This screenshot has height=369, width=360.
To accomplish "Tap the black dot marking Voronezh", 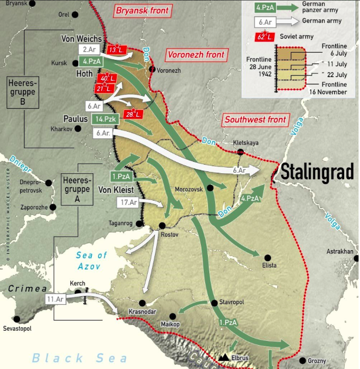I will point(152,69).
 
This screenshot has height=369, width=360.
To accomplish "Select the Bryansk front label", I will point(142,10).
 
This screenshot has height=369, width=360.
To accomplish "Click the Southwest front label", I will point(255,120).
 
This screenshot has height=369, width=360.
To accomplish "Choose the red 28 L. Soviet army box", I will point(132,114).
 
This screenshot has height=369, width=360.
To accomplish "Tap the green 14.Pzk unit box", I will point(102,119).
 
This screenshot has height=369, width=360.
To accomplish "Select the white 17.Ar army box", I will point(129,202).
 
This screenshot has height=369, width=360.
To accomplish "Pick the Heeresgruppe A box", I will point(77,186).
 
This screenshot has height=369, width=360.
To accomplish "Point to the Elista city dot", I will point(268,257).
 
